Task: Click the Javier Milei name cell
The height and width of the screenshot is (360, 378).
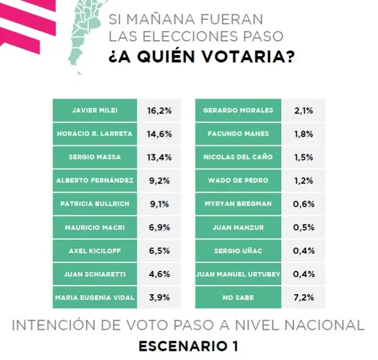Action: coord(95,110)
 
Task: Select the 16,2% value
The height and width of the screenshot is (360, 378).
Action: coord(160,110)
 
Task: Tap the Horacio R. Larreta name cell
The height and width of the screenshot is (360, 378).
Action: coord(95,133)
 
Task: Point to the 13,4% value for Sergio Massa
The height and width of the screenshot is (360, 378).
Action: coord(160,157)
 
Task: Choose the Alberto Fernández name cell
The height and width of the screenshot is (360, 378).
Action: coord(95,181)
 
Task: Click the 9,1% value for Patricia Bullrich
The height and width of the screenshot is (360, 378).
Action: coord(160,204)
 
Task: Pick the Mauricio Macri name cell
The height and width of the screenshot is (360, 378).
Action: coord(95,227)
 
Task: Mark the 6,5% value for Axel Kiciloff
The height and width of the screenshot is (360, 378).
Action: coord(160,250)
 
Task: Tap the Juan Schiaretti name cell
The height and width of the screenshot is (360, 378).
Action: coord(95,274)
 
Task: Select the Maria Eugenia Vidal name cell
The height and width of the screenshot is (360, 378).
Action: coord(95,297)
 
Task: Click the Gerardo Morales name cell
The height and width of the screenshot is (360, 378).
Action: coord(238,110)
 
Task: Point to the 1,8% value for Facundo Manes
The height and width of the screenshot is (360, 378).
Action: coord(303,133)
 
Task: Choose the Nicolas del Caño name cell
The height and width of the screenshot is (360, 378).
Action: coord(238,157)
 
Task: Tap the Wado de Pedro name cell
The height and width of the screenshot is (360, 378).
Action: coord(238,181)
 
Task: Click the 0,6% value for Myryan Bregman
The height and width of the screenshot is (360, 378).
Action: coord(303,204)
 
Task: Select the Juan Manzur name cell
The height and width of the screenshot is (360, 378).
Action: coord(238,227)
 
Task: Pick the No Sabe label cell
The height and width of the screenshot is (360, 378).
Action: coord(238,297)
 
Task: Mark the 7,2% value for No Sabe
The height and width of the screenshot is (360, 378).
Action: coord(303,297)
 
